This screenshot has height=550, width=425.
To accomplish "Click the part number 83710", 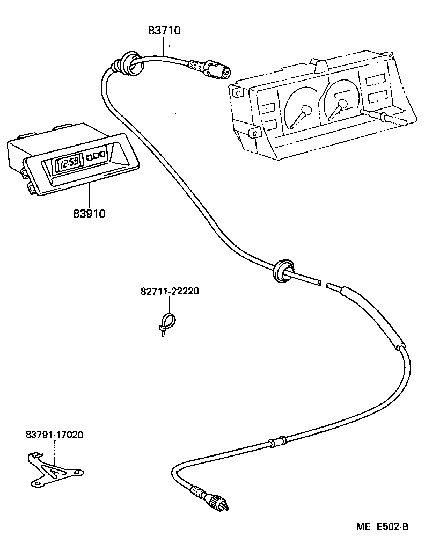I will coord(164,31).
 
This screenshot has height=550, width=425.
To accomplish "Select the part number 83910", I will coord(89,213).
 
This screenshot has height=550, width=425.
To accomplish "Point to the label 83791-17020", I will coord(54,435).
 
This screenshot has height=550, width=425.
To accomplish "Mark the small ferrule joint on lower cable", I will coord(277,443).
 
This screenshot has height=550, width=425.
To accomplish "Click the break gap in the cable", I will coord(323,284).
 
